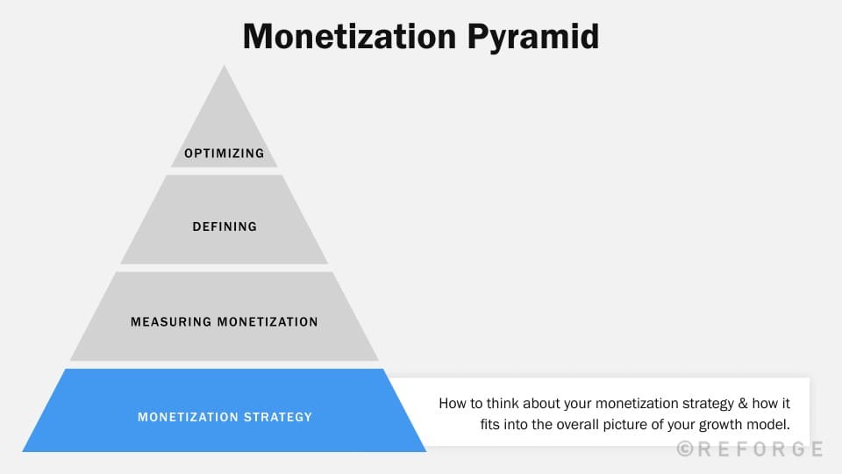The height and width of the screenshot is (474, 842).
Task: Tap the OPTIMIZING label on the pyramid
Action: point(224,154)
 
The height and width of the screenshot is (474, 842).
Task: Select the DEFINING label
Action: point(225,226)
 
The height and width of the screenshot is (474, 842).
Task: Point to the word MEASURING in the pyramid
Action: point(170,322)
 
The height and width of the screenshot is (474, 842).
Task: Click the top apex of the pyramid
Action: point(225,67)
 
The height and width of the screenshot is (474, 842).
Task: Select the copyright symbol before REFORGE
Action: point(686,449)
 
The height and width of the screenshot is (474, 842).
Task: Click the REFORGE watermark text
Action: point(761,449)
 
